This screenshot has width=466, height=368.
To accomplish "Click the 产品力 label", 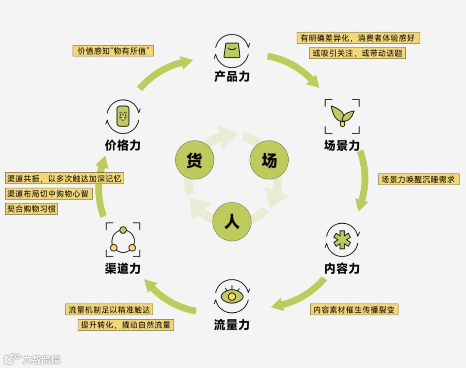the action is (x=232, y=76).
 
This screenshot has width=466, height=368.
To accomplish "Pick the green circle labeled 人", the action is (x=232, y=222).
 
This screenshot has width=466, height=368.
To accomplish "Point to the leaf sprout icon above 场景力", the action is (x=342, y=116).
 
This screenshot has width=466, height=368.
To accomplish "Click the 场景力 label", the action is (x=342, y=145).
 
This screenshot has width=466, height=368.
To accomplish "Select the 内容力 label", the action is (x=342, y=268).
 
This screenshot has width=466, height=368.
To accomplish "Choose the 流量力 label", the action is (x=232, y=324).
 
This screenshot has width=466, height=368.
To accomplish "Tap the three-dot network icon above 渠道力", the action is (x=123, y=240).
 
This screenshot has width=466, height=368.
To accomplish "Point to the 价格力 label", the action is (x=123, y=145).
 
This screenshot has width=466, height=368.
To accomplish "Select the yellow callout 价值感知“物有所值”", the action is (x=113, y=51).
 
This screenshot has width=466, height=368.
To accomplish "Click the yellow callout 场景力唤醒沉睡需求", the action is (x=418, y=179).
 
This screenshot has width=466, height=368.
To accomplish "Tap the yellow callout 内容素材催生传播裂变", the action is (x=354, y=309).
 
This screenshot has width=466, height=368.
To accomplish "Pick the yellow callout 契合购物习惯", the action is (x=31, y=209).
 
